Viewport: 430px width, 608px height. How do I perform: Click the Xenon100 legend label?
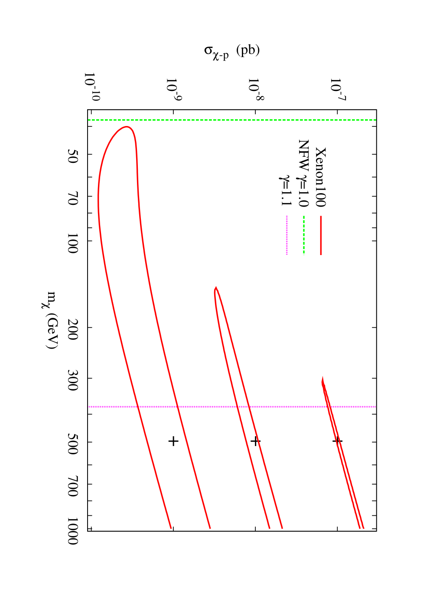click(320, 177)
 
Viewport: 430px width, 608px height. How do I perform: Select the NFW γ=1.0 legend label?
click(303, 173)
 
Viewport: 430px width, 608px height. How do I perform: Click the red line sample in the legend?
click(321, 235)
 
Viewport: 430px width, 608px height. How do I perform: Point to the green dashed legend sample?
click(304, 235)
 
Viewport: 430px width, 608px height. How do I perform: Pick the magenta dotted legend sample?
click(287, 235)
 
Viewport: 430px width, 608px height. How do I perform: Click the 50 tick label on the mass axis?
click(72, 154)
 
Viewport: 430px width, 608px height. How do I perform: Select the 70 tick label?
click(72, 196)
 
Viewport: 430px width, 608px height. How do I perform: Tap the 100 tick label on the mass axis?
click(72, 241)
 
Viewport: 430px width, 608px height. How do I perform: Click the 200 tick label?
click(72, 328)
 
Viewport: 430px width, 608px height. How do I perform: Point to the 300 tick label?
click(72, 378)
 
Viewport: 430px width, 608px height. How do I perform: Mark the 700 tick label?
click(72, 484)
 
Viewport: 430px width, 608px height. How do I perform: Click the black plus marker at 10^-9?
click(173, 441)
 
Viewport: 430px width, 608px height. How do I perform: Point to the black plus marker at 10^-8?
click(255, 441)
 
